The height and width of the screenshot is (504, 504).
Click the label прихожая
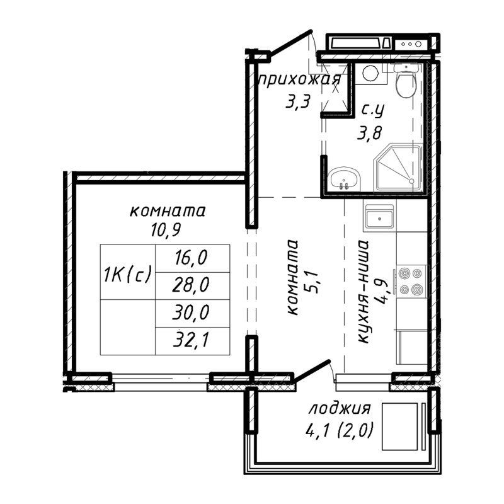pos(299,80)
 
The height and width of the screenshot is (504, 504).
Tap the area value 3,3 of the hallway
pos(297,101)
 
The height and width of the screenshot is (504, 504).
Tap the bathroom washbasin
pos(344,178)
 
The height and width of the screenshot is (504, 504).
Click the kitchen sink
pos(379,218)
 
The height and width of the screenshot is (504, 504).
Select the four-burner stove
pos(410,282)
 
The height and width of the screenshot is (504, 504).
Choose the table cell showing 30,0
pos(192,313)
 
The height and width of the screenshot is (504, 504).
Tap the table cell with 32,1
pos(192,341)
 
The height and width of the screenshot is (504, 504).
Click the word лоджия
pos(339,408)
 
